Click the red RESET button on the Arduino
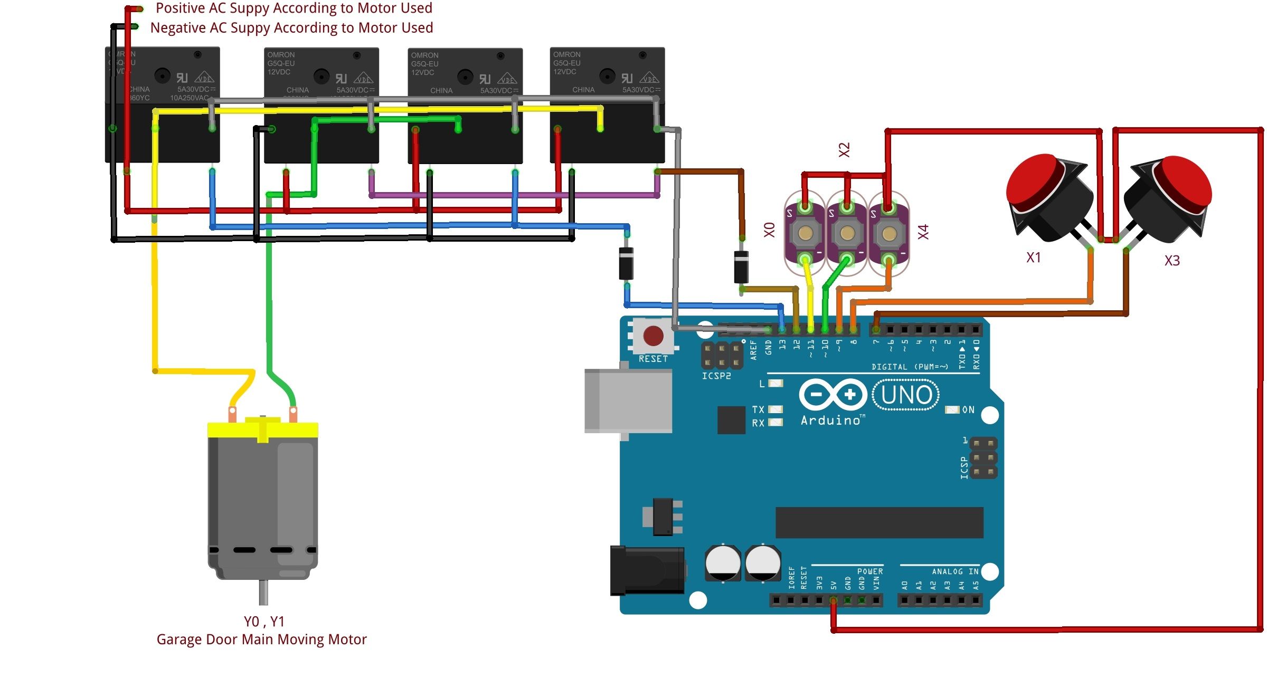(653, 336)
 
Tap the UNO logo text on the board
(906, 395)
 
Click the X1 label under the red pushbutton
(1033, 257)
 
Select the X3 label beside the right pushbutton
(1171, 261)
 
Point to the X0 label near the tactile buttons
(770, 230)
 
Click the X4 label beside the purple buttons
(923, 232)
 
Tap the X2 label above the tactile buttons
(845, 150)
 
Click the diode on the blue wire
(626, 263)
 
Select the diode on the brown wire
(741, 267)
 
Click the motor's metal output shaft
(263, 592)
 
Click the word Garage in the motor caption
(179, 640)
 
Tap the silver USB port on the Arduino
(628, 401)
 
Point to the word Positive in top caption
(181, 8)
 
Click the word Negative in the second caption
(178, 27)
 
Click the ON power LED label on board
(968, 410)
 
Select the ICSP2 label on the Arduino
(716, 376)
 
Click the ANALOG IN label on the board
(955, 571)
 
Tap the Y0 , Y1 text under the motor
(264, 622)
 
